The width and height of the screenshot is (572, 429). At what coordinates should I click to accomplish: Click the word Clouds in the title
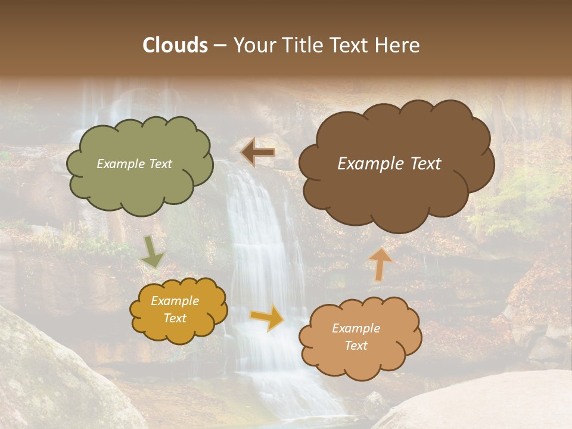[x=175, y=45]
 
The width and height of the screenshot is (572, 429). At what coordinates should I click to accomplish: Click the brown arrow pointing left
[x=258, y=153]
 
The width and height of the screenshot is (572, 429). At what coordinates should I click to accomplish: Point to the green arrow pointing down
[x=152, y=253]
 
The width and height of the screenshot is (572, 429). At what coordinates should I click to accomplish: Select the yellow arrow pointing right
[x=268, y=317]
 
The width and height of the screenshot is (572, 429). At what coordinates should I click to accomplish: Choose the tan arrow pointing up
[x=380, y=264]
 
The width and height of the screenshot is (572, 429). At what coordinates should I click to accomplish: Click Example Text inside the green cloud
[x=134, y=164]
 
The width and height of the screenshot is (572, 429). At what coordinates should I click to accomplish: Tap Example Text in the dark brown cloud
[x=389, y=164]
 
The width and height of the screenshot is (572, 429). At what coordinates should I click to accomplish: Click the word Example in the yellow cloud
[x=175, y=301]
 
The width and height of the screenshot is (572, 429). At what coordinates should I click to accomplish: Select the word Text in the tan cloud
[x=356, y=346]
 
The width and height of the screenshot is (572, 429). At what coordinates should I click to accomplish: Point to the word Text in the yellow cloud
[x=175, y=318]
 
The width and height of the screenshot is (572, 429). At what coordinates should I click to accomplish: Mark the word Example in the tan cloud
[x=356, y=328]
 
